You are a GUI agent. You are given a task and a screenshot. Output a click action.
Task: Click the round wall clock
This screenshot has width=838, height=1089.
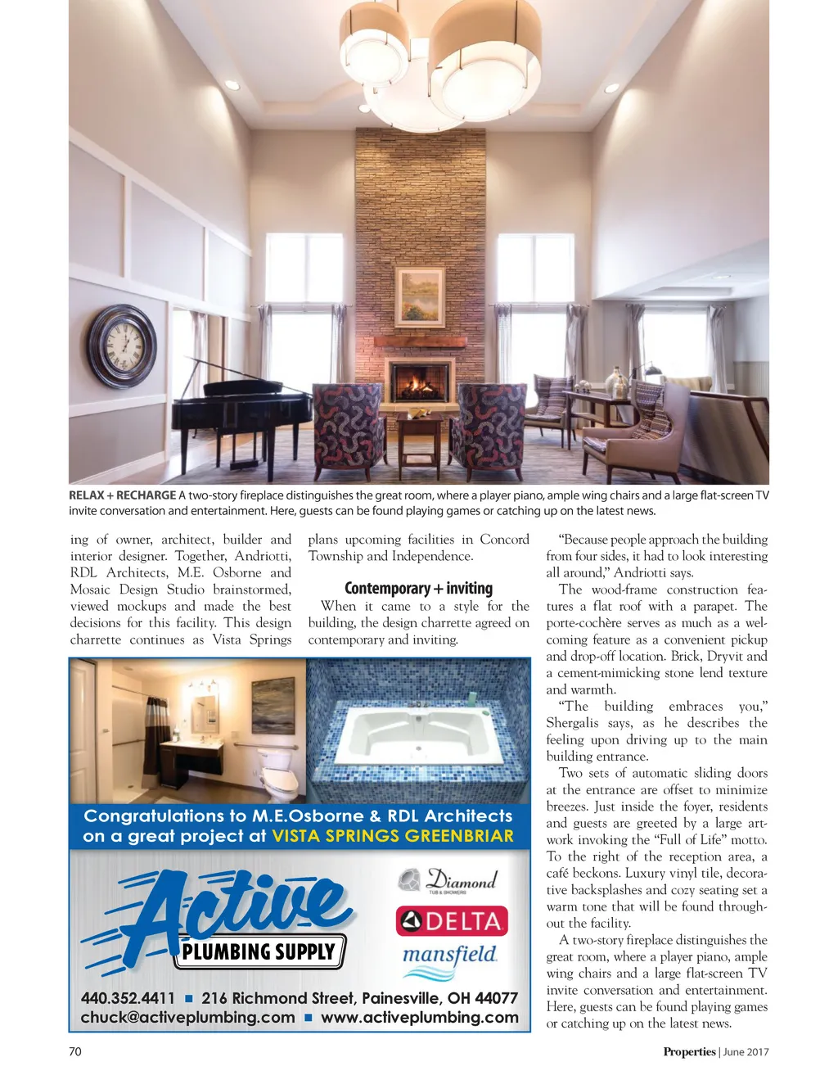[x=122, y=346]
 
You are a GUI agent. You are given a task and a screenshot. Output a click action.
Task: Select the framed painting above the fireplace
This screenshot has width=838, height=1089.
[x=420, y=296]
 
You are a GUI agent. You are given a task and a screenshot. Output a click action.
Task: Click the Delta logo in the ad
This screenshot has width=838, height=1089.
[x=452, y=921]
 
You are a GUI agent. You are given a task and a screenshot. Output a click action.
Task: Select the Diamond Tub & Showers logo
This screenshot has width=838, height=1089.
[x=448, y=881]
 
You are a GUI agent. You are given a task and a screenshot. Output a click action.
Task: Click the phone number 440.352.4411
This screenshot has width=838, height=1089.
[x=128, y=998]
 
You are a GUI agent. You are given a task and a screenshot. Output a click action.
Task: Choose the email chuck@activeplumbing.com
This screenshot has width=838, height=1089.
[x=187, y=1018]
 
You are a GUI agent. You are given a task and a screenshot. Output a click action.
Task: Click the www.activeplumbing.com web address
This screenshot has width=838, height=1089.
[x=419, y=1018]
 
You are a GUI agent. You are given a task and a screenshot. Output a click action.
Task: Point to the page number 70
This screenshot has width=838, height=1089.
[x=75, y=1052]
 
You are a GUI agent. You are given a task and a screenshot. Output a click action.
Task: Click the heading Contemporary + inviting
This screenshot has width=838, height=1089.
[x=418, y=589]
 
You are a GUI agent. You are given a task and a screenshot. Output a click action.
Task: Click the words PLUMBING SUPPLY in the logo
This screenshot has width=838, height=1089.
[x=259, y=951]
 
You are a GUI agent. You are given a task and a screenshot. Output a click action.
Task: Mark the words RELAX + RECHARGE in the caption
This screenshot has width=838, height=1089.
[x=122, y=495]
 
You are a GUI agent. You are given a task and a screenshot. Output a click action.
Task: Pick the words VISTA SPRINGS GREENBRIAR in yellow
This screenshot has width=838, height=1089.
[x=393, y=836]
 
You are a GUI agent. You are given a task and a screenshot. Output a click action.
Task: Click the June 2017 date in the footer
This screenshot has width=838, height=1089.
[x=746, y=1052]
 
